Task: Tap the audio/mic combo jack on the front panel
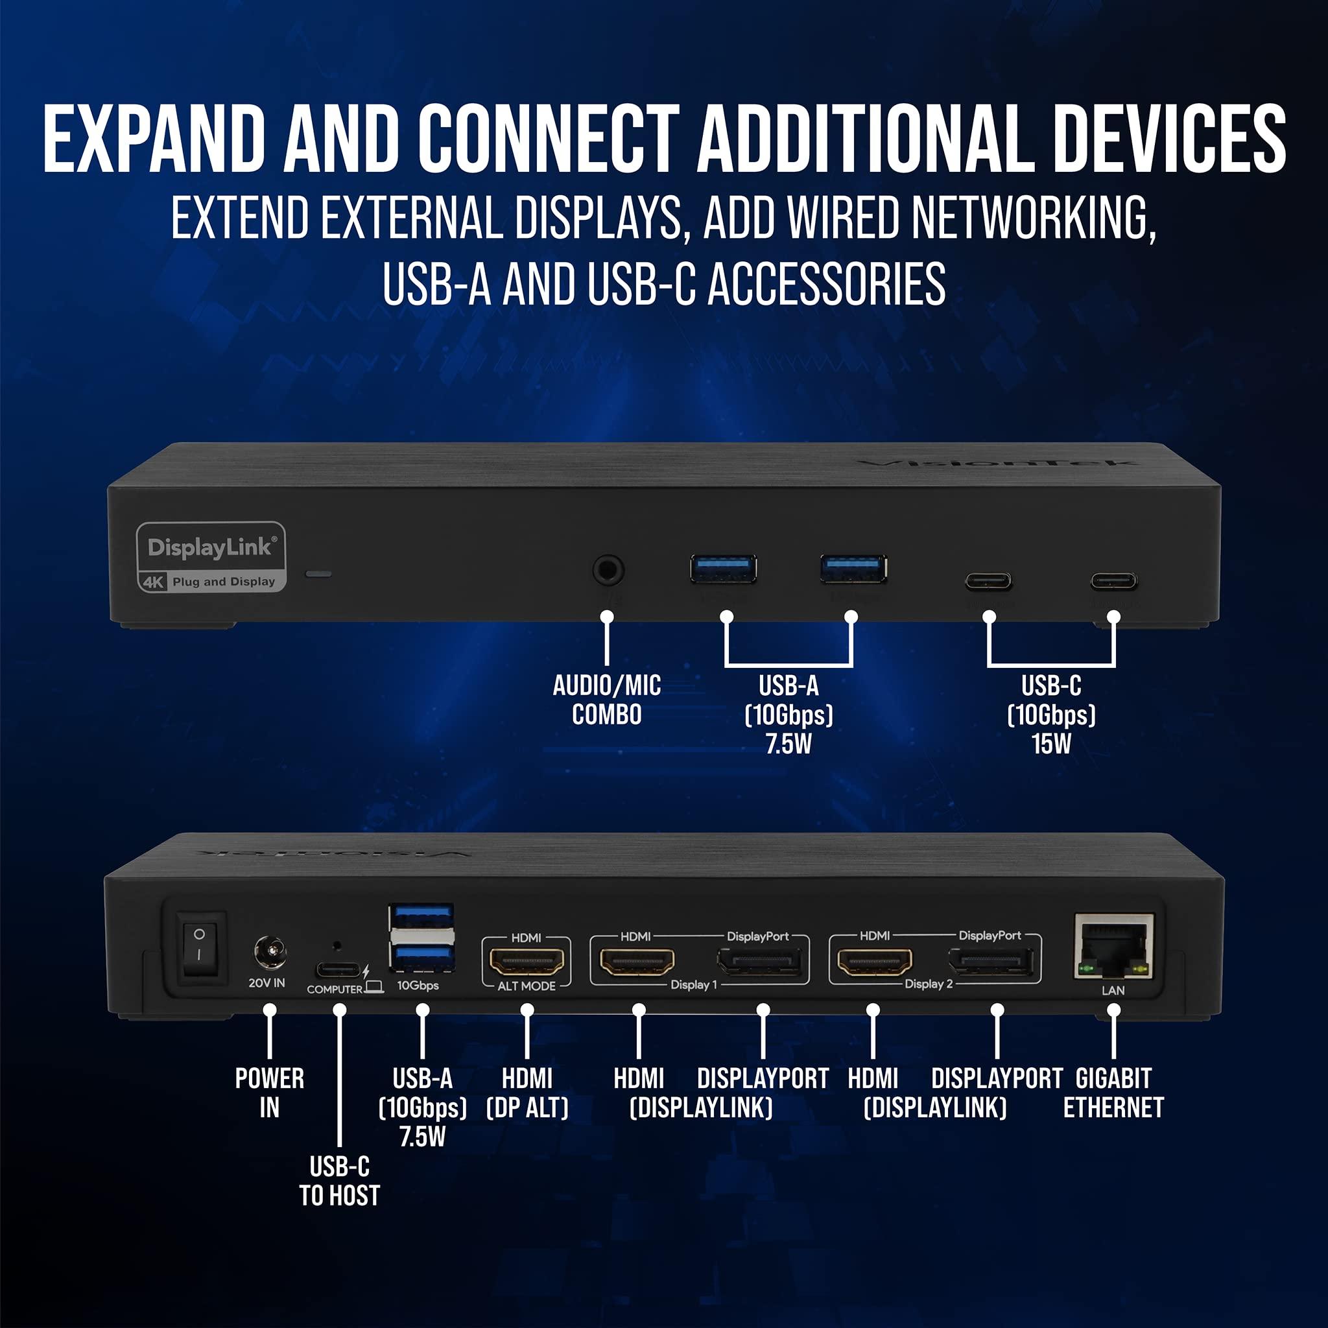coord(608,571)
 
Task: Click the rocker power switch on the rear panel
coord(200,945)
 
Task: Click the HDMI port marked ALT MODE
coord(527,961)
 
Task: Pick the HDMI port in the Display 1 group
coord(637,961)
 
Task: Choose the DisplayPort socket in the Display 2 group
coord(991,962)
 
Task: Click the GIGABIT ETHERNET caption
coord(1113,1094)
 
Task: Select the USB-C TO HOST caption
coord(340,1181)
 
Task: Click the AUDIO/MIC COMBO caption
coord(607,700)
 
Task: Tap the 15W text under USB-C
coord(1051,744)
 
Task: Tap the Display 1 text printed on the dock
coord(694,985)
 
